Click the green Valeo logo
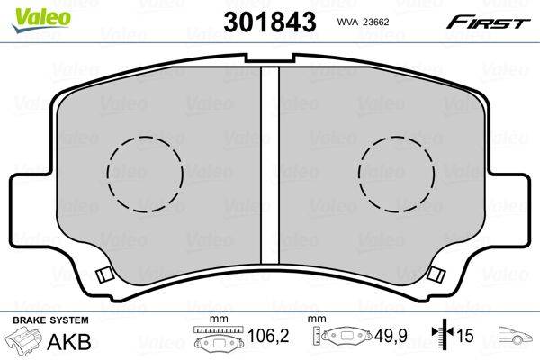pyautogui.click(x=41, y=20)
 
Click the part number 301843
pyautogui.click(x=270, y=22)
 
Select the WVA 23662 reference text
pyautogui.click(x=363, y=22)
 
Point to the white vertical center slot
pyautogui.click(x=270, y=165)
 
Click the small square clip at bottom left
pyautogui.click(x=104, y=274)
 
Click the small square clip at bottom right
pyautogui.click(x=436, y=274)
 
